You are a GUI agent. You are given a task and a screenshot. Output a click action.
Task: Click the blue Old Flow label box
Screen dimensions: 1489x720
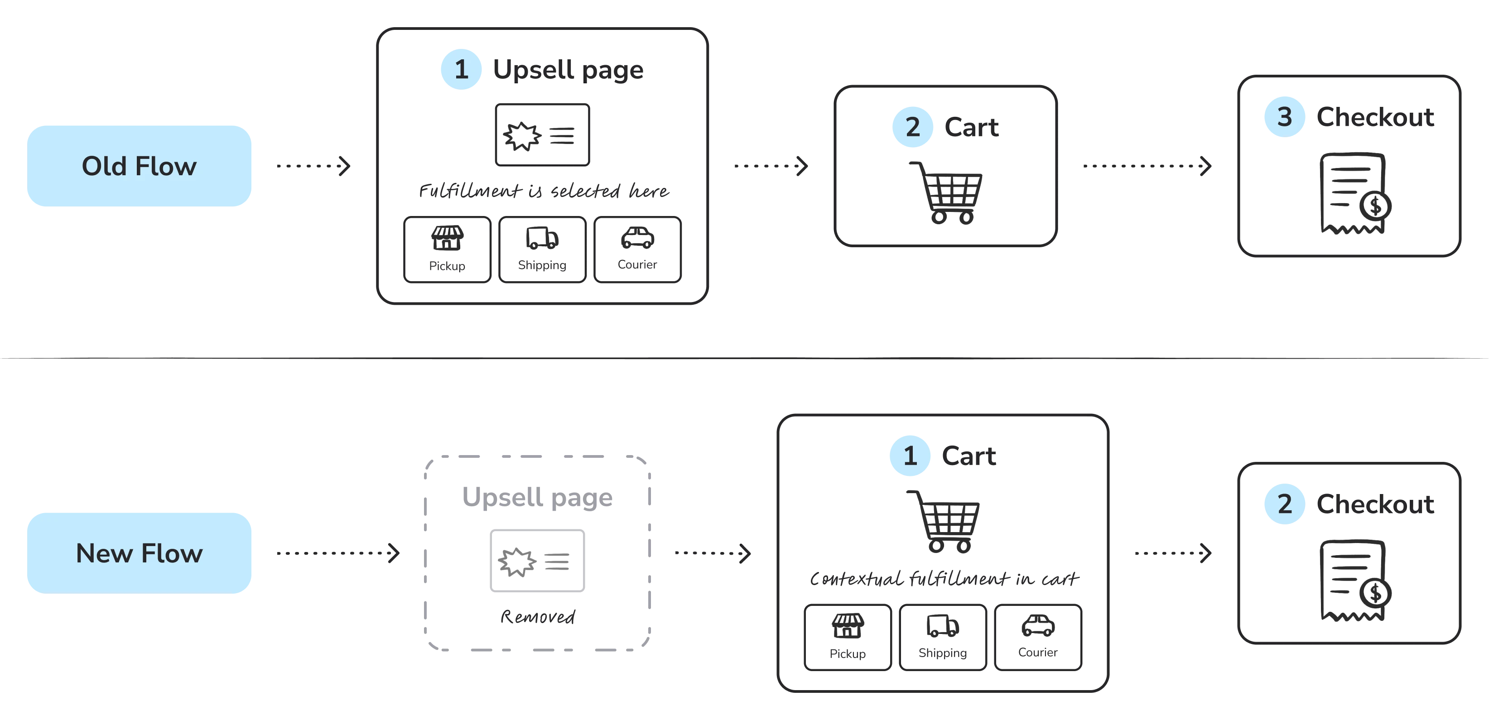[x=140, y=166]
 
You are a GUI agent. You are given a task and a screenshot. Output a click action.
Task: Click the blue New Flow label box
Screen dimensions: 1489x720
[x=140, y=553]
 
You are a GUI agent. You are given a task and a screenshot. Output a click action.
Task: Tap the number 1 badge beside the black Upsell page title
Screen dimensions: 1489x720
[x=461, y=69]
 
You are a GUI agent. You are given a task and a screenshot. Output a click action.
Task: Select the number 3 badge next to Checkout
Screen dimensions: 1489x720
[x=1284, y=117]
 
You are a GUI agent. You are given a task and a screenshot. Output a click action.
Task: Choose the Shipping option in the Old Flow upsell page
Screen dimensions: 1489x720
[x=542, y=250]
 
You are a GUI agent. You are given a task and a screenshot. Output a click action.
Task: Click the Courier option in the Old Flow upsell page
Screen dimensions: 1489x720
[x=637, y=250]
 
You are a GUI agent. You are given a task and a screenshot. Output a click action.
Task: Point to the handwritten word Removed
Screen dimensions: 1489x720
[x=538, y=617]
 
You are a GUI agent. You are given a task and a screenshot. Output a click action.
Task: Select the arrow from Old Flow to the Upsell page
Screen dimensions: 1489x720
[x=314, y=166]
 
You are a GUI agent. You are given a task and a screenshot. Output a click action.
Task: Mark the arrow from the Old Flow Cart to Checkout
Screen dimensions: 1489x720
[x=1147, y=166]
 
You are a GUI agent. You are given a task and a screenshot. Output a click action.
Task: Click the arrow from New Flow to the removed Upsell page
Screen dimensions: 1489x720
[x=338, y=553]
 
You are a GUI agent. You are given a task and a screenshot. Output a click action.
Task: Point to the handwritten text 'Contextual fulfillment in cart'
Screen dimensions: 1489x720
[x=944, y=578]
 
